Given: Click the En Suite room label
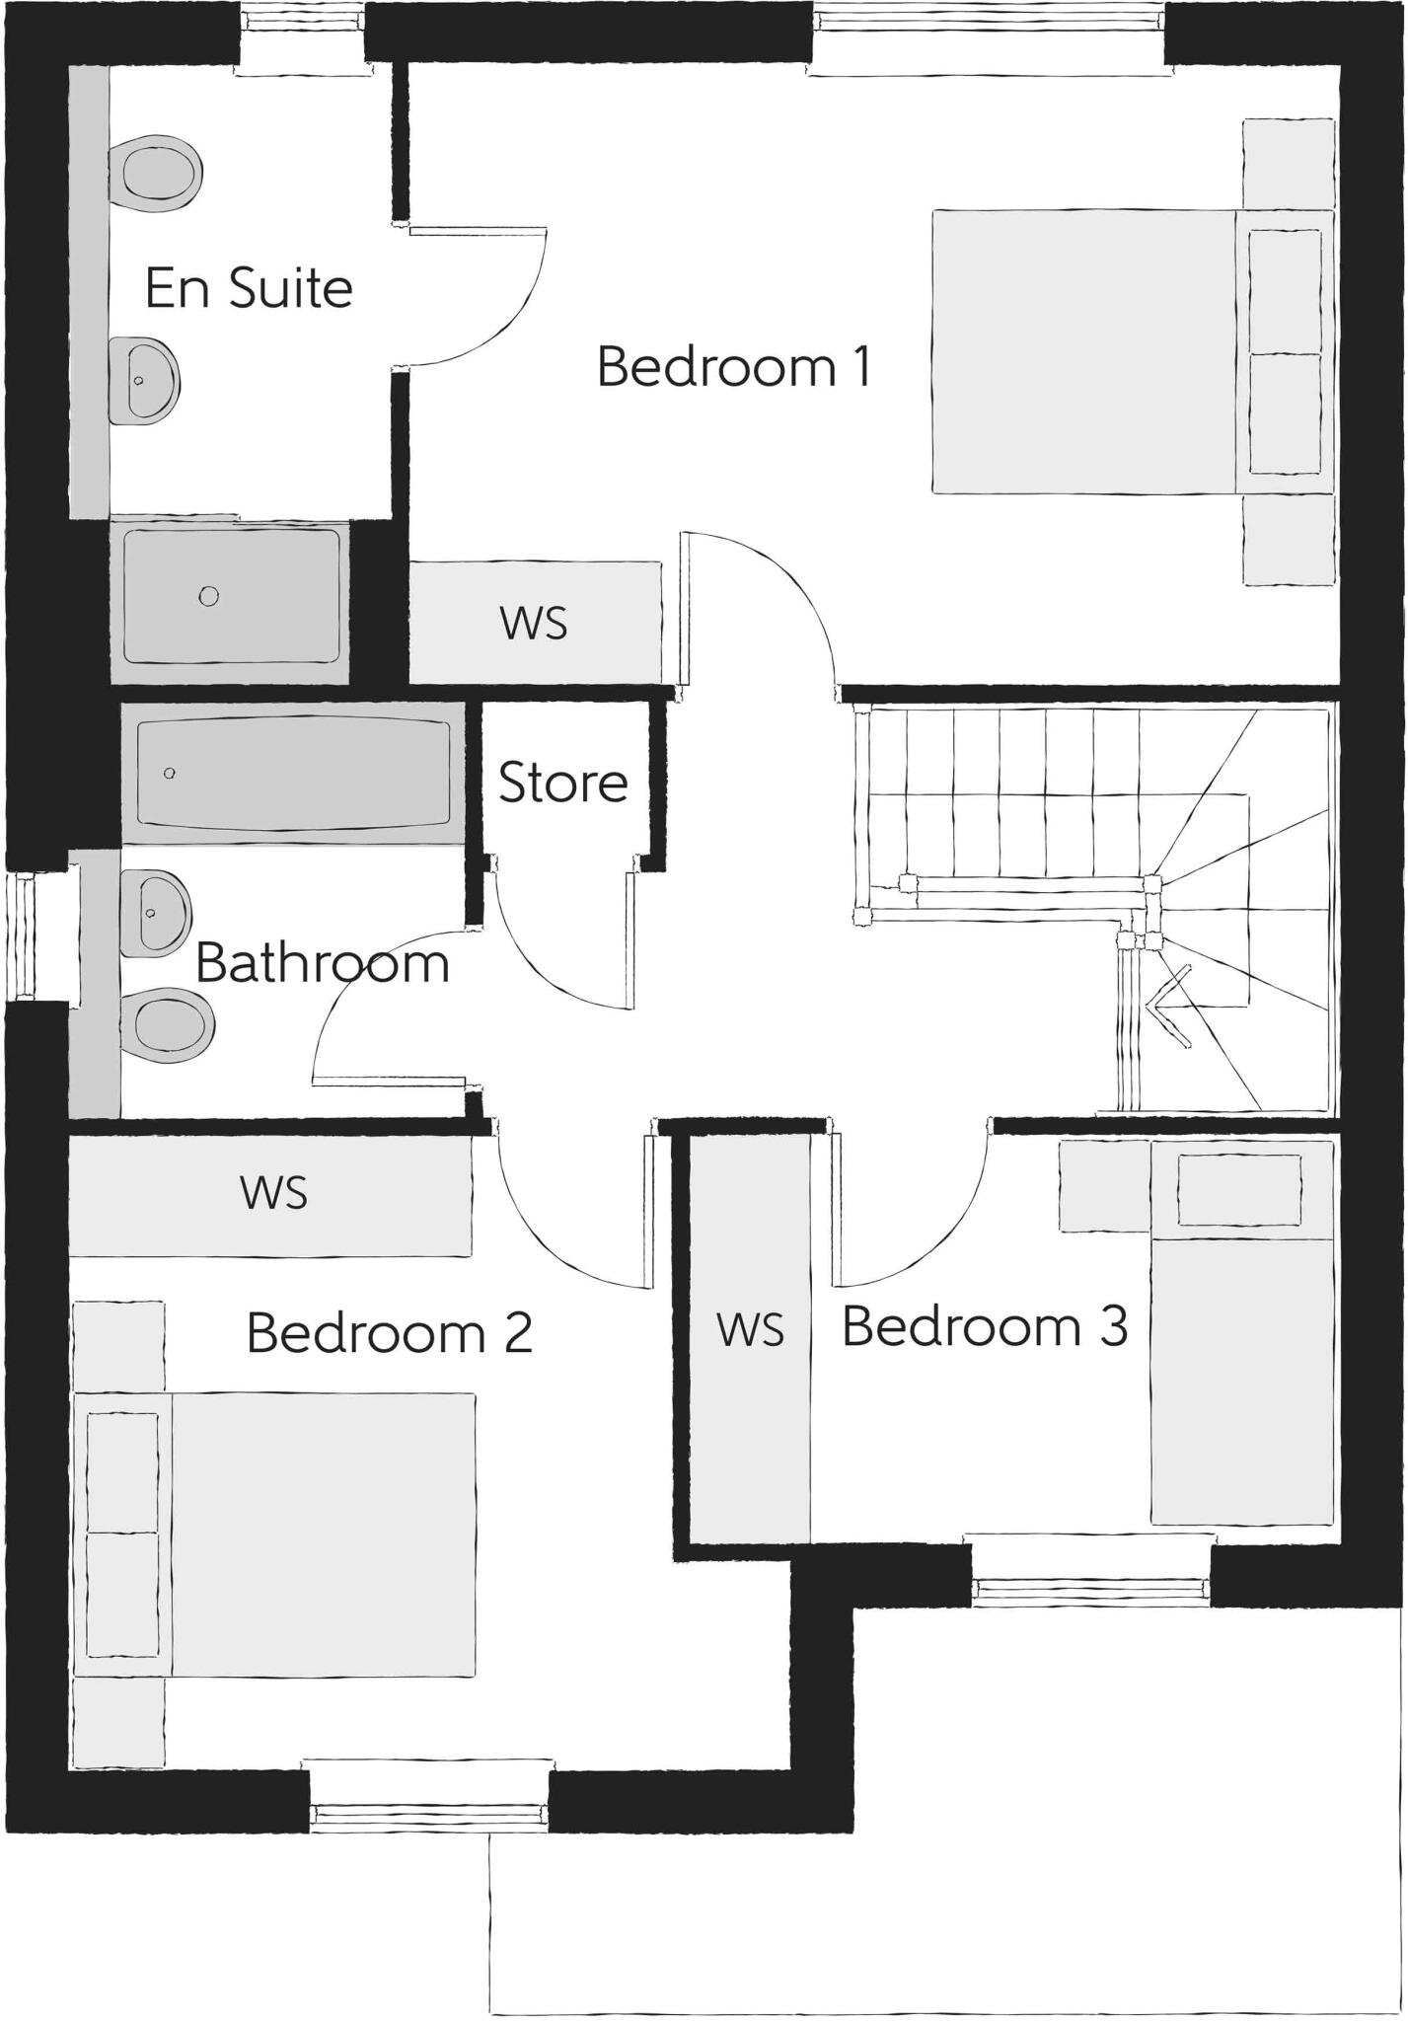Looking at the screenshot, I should (249, 288).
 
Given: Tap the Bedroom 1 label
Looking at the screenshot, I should (734, 367).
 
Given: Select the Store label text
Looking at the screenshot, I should (562, 784).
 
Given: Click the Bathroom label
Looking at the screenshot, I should (323, 963).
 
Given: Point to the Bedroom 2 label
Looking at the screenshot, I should (389, 1333).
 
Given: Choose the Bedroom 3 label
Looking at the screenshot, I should (985, 1326).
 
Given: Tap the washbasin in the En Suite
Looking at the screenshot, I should (145, 380).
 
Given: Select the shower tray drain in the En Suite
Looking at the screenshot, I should (208, 596).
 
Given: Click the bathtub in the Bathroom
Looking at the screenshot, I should (293, 773).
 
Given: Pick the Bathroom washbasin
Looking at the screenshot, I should (155, 913).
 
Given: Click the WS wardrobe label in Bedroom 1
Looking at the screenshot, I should (534, 624).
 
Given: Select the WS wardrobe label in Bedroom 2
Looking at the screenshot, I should (273, 1193).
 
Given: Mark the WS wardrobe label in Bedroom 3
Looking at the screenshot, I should (750, 1330).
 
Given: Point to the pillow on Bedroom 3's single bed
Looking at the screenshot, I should (1239, 1190).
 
